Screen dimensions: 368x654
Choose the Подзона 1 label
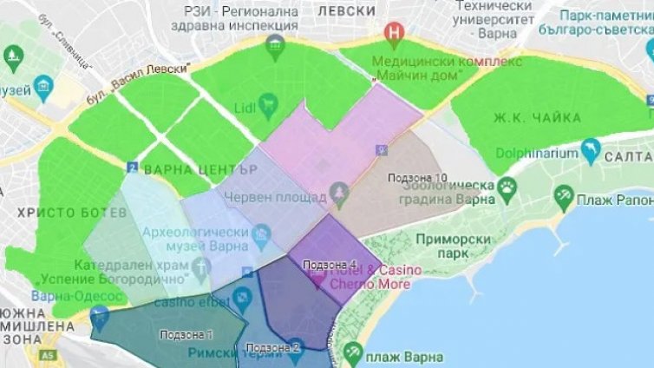tap(186, 334)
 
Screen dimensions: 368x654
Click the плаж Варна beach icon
tap(353, 352)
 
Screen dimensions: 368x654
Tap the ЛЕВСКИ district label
tap(346, 10)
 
